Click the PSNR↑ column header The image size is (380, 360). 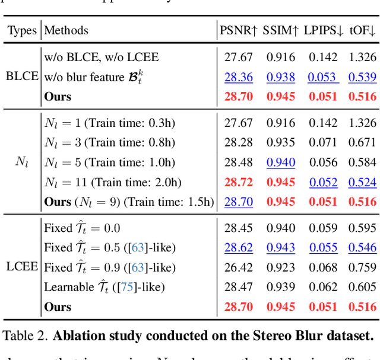pyautogui.click(x=238, y=30)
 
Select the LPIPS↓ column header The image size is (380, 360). pyautogui.click(x=324, y=30)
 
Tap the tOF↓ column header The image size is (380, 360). pyautogui.click(x=363, y=30)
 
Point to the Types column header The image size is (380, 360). pyautogui.click(x=21, y=30)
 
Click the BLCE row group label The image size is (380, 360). pyautogui.click(x=22, y=77)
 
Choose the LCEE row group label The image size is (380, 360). pyautogui.click(x=22, y=267)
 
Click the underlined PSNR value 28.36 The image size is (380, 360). pyautogui.click(x=239, y=77)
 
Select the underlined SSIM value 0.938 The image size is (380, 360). pyautogui.click(x=281, y=77)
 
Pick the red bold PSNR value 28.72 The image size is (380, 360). pyautogui.click(x=239, y=182)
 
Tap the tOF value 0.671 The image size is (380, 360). pyautogui.click(x=362, y=142)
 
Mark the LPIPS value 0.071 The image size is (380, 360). pyautogui.click(x=322, y=142)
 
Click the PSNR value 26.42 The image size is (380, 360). pyautogui.click(x=239, y=267)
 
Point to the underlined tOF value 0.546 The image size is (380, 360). pyautogui.click(x=362, y=247)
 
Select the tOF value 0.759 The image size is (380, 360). pyautogui.click(x=362, y=267)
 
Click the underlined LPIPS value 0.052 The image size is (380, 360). pyautogui.click(x=322, y=182)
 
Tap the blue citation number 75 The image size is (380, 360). pyautogui.click(x=127, y=287)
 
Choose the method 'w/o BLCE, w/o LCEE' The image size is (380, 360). pyautogui.click(x=102, y=57)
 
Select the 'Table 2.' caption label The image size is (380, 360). pyautogui.click(x=25, y=336)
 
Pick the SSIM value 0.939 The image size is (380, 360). pyautogui.click(x=281, y=287)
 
